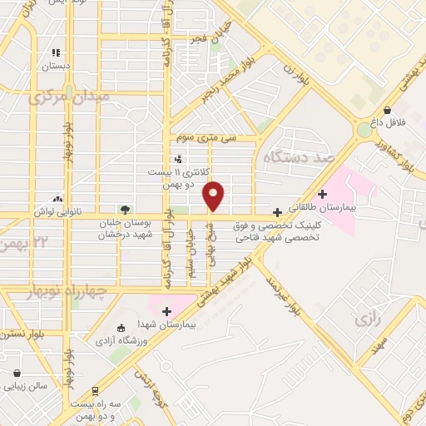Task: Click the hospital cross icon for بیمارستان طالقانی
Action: click(323, 194)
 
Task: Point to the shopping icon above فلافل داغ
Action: click(388, 110)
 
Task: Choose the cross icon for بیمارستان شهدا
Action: click(166, 310)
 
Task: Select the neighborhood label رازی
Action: click(366, 319)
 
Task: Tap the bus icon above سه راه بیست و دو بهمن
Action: click(95, 390)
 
